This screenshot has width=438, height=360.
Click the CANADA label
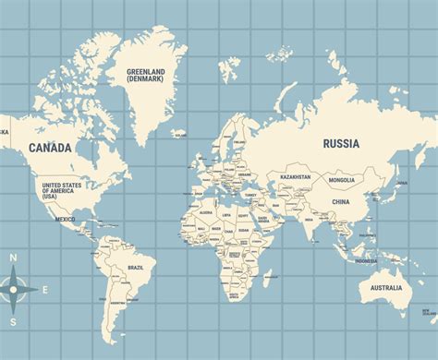pos(50,147)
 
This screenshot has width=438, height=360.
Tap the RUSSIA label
pos(341,143)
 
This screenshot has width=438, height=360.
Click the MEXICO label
pos(65,219)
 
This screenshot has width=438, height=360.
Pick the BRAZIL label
pos(135,267)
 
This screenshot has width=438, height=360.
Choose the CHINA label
pos(341,201)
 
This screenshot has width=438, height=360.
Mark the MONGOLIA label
pos(341,180)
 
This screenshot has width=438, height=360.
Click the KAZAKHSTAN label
pos(297,176)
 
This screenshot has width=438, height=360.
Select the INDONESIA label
pos(366,260)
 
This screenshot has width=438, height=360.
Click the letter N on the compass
pos(13,258)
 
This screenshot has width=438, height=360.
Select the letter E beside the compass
pos(45,288)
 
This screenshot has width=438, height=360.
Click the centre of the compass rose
pos(14,289)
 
